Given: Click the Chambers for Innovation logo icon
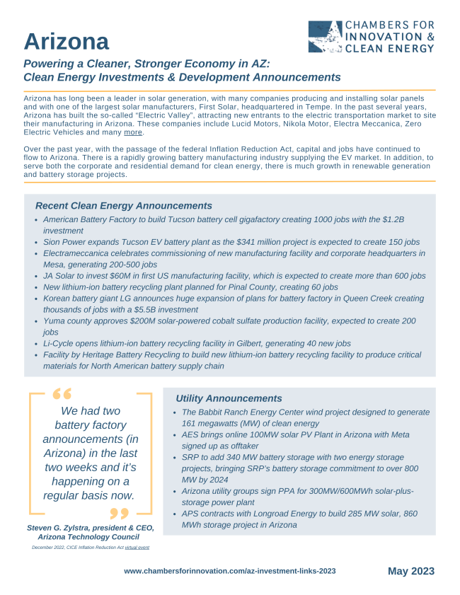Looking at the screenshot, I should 325,37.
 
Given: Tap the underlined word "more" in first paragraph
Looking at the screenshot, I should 133,132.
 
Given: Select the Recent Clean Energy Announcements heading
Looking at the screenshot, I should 124,206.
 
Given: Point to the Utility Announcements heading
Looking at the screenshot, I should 229,399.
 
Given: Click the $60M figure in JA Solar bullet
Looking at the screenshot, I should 125,276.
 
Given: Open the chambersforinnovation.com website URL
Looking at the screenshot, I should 229,571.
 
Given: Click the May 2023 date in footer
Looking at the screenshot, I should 410,571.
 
